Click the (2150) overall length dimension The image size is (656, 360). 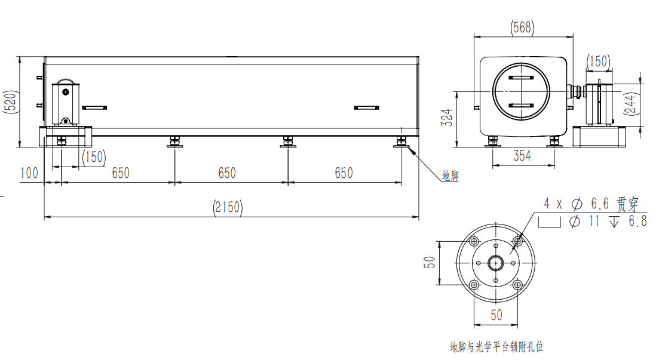click(227, 207)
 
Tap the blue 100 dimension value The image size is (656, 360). click(29, 173)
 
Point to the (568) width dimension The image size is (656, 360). click(523, 27)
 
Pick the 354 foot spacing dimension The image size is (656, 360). click(522, 156)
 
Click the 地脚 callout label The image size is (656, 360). click(450, 176)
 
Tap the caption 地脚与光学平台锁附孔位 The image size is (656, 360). click(496, 346)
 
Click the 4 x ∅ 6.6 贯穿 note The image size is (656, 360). click(590, 204)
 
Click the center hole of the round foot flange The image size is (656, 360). click(496, 263)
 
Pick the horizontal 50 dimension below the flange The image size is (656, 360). click(496, 315)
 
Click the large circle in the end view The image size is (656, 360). click(521, 92)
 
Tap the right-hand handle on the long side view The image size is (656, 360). click(367, 107)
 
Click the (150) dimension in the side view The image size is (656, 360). click(94, 157)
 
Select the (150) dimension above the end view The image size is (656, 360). click(597, 61)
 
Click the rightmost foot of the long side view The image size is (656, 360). click(401, 141)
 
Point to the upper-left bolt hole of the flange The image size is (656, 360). click(474, 241)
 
